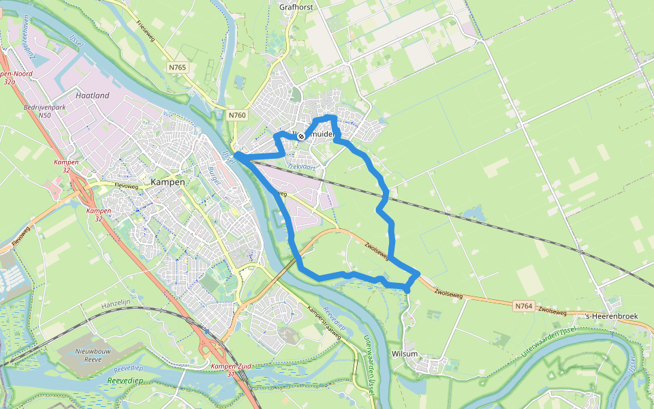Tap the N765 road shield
pos(179,67)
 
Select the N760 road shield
pos(237,115)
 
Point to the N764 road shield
pos(523,306)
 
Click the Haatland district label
pos(93,95)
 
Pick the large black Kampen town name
pos(167,182)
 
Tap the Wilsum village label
pos(405,354)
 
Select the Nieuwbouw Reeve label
pos(88,354)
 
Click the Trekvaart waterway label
pos(301,166)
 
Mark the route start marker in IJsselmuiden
pos(301,136)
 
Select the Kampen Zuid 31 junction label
pos(231,370)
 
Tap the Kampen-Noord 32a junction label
pos(10,77)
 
